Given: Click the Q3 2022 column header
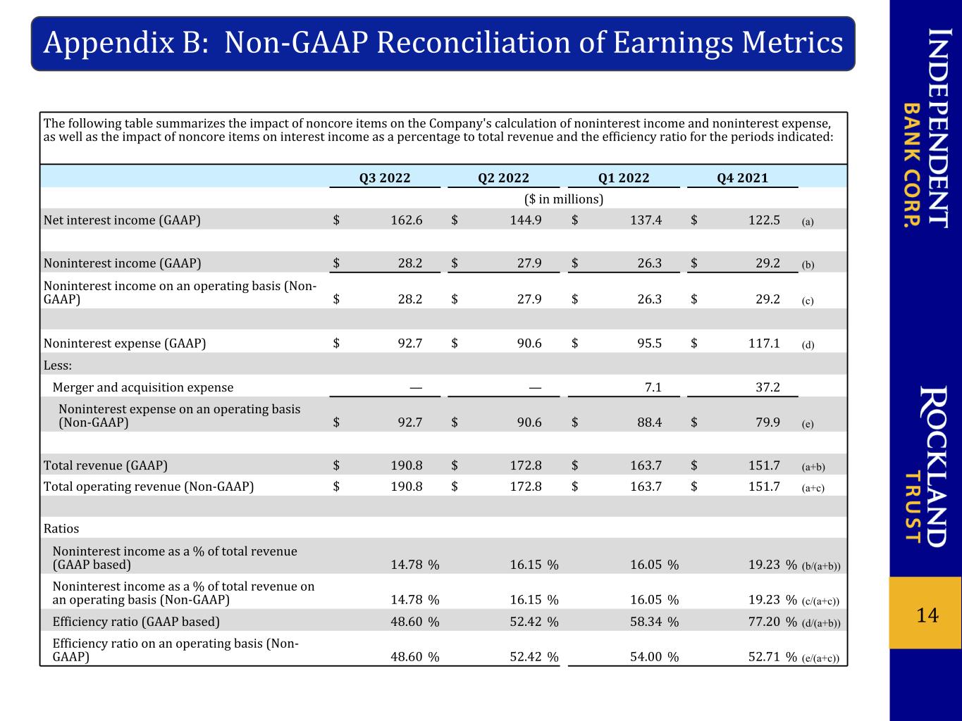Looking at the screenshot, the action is [x=384, y=177].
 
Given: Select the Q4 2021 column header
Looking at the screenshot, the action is [x=742, y=177].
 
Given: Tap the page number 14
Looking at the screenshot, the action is [x=927, y=615].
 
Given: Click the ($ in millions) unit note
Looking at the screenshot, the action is [x=564, y=199].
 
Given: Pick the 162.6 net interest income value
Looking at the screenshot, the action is [x=407, y=220].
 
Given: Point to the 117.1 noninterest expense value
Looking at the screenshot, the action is [x=764, y=343].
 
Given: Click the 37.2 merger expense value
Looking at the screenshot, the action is [x=767, y=387].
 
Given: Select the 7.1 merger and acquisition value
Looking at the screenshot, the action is [x=653, y=387].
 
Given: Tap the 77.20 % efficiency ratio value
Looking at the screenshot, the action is [x=772, y=622].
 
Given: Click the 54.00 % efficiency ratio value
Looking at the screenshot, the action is [x=654, y=657].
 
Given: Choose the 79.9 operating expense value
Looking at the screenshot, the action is [x=767, y=422].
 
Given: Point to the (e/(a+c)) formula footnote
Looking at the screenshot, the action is [x=820, y=658].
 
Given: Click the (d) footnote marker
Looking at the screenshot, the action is [x=808, y=344].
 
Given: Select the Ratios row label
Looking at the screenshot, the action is [x=61, y=528].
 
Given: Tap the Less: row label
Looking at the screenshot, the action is [x=57, y=365].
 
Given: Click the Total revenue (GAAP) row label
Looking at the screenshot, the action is [x=106, y=465].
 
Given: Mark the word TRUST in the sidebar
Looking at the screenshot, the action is [x=912, y=506].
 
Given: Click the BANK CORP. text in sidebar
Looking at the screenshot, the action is [x=912, y=165].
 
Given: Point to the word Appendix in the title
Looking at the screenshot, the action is [x=109, y=43].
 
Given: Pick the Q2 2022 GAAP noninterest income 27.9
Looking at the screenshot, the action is [x=529, y=263].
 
